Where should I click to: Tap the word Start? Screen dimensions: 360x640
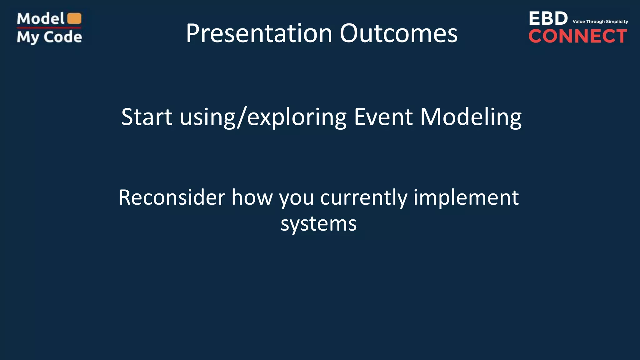147,117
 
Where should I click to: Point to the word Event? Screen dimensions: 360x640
383,117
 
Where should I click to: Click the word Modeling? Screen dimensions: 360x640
471,117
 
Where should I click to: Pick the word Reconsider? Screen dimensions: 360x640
172,197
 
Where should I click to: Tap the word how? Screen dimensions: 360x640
252,197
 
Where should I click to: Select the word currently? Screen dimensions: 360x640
364,198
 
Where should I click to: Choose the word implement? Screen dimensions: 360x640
466,198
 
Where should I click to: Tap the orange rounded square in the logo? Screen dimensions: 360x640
74,18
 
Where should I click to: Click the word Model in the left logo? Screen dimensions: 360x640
41,19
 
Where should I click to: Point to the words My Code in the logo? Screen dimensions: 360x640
49,37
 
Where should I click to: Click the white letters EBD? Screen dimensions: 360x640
548,19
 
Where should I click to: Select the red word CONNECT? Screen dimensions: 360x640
577,36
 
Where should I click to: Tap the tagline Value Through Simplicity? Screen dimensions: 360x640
600,22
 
